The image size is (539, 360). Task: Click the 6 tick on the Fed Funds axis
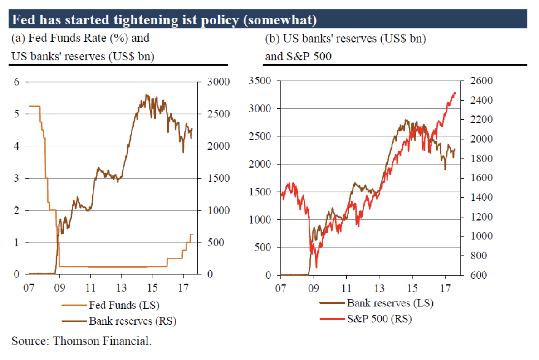(17, 82)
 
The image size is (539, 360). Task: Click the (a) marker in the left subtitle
(18, 38)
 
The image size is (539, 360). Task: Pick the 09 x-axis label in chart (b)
(314, 287)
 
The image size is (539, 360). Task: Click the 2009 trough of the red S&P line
(316, 268)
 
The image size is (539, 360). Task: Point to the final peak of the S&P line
(454, 92)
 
